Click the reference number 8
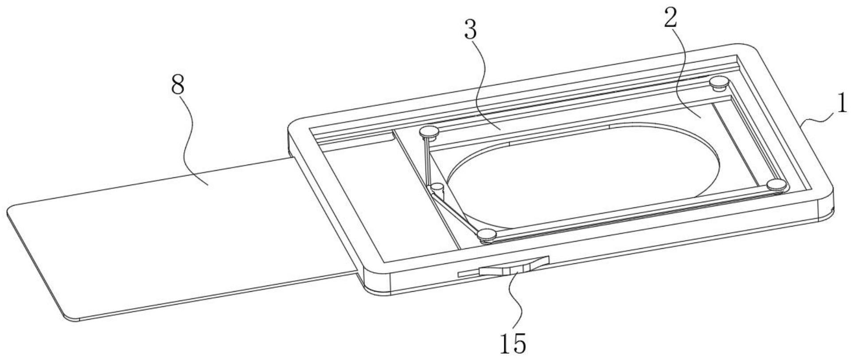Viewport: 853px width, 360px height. [177, 84]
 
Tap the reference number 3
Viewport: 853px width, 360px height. [471, 31]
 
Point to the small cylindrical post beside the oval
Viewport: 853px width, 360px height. [438, 188]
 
